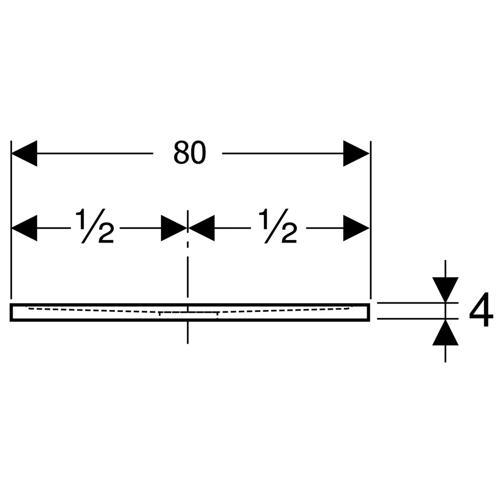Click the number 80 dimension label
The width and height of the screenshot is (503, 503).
coord(190,153)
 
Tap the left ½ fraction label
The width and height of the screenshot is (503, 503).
coord(95,226)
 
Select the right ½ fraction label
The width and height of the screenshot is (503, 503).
coord(278,226)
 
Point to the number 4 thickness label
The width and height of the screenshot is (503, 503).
coord(481,310)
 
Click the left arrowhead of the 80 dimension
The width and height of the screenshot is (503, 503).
coord(24,153)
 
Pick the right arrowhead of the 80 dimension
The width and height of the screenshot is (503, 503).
coord(357,153)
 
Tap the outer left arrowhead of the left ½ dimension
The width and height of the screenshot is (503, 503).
coord(24,228)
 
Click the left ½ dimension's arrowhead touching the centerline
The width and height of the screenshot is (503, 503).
coord(174,228)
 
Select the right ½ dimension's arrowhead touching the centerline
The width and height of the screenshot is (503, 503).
coord(202,228)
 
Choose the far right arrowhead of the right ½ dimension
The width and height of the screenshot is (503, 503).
coord(357,228)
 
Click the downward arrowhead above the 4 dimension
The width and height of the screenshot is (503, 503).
coord(445,290)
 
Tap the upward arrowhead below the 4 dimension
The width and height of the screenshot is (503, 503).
coord(445,332)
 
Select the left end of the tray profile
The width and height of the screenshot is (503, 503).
coord(11,312)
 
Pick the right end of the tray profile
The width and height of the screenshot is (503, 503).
coord(369,312)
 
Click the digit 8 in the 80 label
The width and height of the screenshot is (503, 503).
coord(181,153)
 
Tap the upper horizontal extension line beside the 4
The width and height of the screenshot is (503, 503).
coord(417,302)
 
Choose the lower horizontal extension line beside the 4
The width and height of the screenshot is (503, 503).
coord(417,319)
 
